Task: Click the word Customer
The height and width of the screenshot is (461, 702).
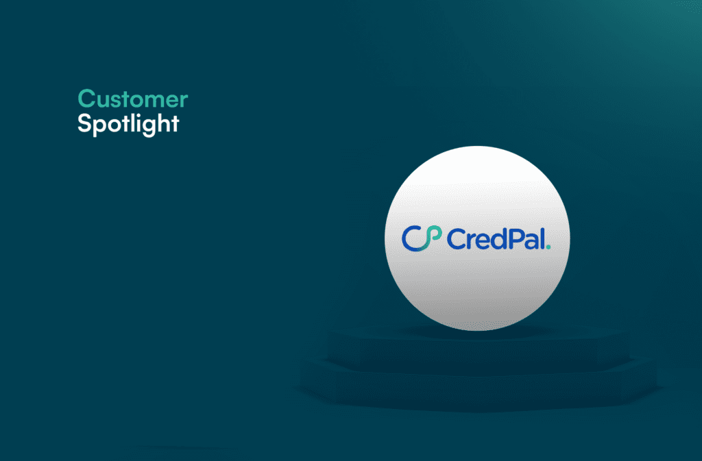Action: pos(132,99)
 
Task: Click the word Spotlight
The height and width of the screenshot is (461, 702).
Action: pos(128,125)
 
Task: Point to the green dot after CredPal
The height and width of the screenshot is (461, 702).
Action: pos(548,246)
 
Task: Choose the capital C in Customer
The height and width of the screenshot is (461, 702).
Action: pos(86,99)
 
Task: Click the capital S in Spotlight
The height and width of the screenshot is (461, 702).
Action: pos(84,124)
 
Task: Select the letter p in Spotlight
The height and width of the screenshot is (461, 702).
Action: pos(99,127)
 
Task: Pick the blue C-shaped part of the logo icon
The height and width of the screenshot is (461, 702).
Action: pos(410,238)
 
